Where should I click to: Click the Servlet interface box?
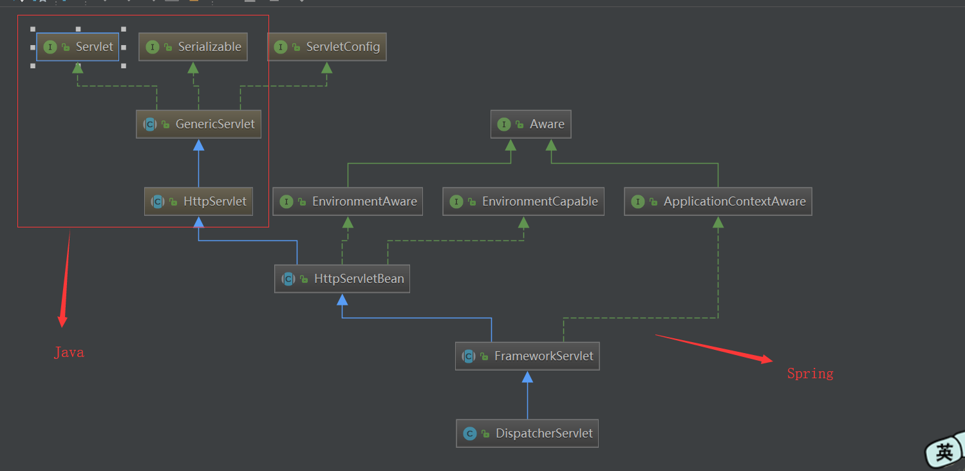(x=77, y=46)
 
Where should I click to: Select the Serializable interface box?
(x=193, y=46)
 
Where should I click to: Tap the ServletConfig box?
(x=327, y=46)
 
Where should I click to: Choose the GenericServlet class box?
(x=198, y=124)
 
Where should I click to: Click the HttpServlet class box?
(x=198, y=202)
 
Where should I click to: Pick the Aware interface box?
(x=530, y=124)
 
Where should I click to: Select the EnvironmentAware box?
(x=348, y=202)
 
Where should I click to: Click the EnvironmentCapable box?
(x=523, y=202)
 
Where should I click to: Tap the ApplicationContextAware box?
(x=718, y=202)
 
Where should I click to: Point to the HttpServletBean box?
(x=342, y=278)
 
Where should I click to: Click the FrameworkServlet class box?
(x=527, y=356)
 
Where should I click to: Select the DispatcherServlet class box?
(x=527, y=433)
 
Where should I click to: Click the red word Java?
(x=69, y=353)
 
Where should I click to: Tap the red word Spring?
(x=810, y=374)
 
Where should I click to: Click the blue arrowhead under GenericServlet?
(x=198, y=145)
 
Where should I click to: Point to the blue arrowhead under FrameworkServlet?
(x=527, y=377)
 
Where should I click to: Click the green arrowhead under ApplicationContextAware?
(x=718, y=222)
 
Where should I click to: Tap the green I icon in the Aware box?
(x=503, y=124)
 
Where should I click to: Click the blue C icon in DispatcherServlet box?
(x=469, y=434)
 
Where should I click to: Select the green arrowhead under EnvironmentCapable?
(x=523, y=222)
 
